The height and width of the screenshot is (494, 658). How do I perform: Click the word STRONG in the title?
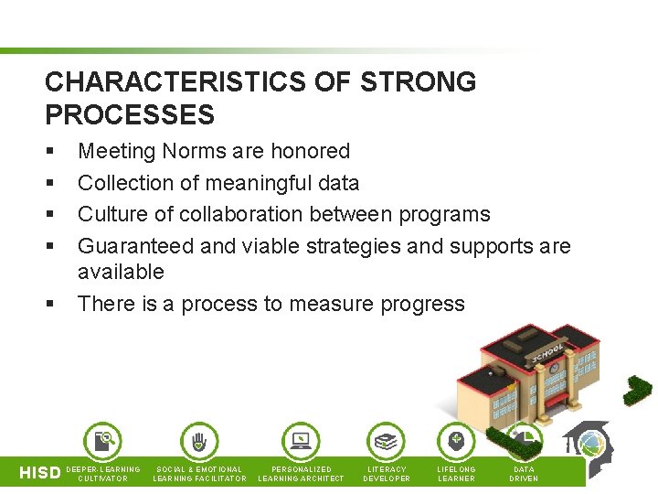tap(419, 82)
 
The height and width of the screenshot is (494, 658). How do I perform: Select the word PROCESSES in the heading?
tap(130, 115)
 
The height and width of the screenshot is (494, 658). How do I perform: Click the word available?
tap(121, 272)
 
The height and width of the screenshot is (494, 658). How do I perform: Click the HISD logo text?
tap(41, 473)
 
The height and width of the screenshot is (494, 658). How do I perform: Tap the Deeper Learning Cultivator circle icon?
tap(102, 441)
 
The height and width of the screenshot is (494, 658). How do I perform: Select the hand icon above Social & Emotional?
tap(199, 441)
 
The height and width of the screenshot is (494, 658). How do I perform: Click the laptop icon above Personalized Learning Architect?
tap(301, 441)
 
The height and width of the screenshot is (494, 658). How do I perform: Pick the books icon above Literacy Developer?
tap(387, 441)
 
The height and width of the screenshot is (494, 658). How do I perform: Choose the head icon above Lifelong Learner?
tap(456, 441)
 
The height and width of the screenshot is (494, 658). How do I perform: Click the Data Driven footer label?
tap(524, 473)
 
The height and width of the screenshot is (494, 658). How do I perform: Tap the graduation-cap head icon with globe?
tap(587, 445)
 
